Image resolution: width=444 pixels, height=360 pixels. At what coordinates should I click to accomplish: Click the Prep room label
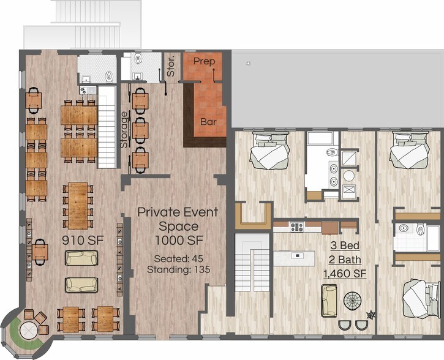204,61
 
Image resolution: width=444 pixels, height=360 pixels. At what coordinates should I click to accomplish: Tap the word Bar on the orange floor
208,122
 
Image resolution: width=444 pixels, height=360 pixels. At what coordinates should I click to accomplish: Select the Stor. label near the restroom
171,67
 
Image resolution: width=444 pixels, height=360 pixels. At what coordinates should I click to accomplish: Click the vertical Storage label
124,130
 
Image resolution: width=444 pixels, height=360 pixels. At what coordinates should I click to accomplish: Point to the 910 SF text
83,240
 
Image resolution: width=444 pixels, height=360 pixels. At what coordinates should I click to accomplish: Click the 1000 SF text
179,240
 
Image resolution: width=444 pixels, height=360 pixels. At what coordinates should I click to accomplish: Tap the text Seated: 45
179,258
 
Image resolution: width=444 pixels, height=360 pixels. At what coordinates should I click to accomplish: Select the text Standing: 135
179,269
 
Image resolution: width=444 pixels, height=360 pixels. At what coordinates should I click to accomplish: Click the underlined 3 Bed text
345,246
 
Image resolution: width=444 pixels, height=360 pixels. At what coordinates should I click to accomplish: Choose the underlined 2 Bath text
345,260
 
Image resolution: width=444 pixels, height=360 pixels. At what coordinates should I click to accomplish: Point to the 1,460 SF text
345,274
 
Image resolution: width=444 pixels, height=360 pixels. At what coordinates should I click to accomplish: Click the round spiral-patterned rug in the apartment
353,302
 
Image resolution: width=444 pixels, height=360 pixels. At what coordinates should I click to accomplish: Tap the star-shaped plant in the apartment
371,315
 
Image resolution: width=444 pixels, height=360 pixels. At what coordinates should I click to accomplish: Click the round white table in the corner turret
29,330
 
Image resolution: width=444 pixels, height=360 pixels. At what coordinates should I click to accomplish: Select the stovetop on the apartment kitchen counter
296,226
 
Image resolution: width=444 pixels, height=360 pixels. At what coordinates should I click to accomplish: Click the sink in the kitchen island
297,255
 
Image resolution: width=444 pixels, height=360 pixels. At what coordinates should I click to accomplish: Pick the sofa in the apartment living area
329,301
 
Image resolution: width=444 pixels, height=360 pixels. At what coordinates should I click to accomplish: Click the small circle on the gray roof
249,64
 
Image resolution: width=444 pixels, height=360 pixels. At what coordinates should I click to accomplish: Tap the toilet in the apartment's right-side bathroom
420,229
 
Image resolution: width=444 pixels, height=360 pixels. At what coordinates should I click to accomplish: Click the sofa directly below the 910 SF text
81,258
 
